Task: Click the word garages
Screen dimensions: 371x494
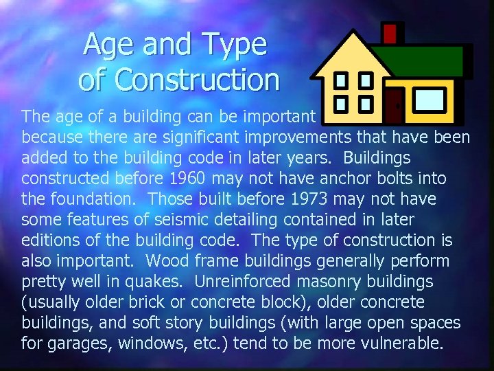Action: (x=78, y=344)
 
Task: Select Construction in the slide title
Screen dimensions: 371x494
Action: (x=198, y=80)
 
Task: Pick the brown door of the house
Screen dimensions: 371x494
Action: (x=394, y=103)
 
